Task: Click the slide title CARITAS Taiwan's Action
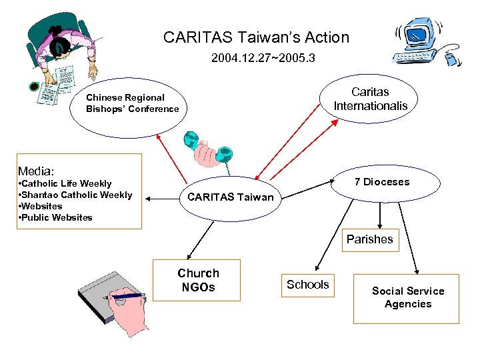[256, 37]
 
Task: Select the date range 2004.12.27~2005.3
[263, 59]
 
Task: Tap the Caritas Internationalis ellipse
[370, 99]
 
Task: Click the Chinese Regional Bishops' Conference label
[132, 103]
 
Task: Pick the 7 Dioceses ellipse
[382, 182]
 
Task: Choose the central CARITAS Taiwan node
[230, 197]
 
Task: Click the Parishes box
[369, 239]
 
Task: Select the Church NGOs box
[197, 280]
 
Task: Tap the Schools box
[307, 285]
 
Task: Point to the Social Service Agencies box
[407, 298]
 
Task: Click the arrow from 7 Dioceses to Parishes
[380, 215]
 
